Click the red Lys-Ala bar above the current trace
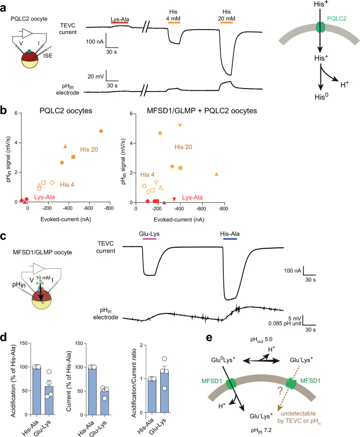point(120,23)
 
